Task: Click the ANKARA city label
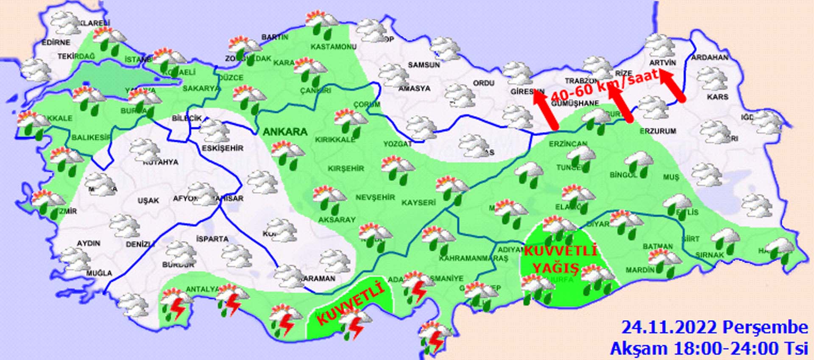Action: (285, 132)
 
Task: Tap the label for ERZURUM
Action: (658, 131)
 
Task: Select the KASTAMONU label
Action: (334, 47)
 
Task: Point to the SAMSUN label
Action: (424, 65)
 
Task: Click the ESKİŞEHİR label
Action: (223, 148)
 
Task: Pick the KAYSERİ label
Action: (418, 203)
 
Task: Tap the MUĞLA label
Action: (99, 273)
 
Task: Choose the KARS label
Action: (718, 97)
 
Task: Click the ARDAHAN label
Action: (710, 57)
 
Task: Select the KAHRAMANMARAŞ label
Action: (474, 258)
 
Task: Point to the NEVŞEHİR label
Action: (375, 197)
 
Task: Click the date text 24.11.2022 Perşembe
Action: (714, 328)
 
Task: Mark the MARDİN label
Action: (640, 270)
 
